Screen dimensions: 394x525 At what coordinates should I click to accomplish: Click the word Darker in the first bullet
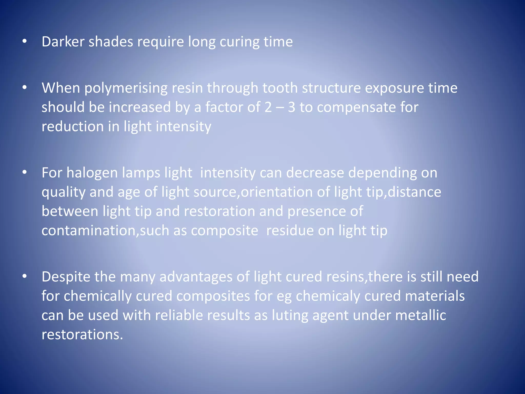coord(63,42)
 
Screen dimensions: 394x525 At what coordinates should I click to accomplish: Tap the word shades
coord(111,42)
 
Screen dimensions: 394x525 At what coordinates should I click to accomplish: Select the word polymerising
coord(126,88)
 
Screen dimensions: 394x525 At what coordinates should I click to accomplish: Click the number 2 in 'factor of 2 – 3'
coord(268,107)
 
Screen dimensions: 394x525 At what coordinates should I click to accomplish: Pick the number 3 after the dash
coord(291,107)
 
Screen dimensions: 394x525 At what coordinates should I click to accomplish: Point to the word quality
coord(63,192)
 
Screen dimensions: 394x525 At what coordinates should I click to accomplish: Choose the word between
coord(70,211)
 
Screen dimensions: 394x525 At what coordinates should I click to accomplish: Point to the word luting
coord(290,316)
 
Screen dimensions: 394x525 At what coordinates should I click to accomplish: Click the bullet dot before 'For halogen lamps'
coord(25,172)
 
